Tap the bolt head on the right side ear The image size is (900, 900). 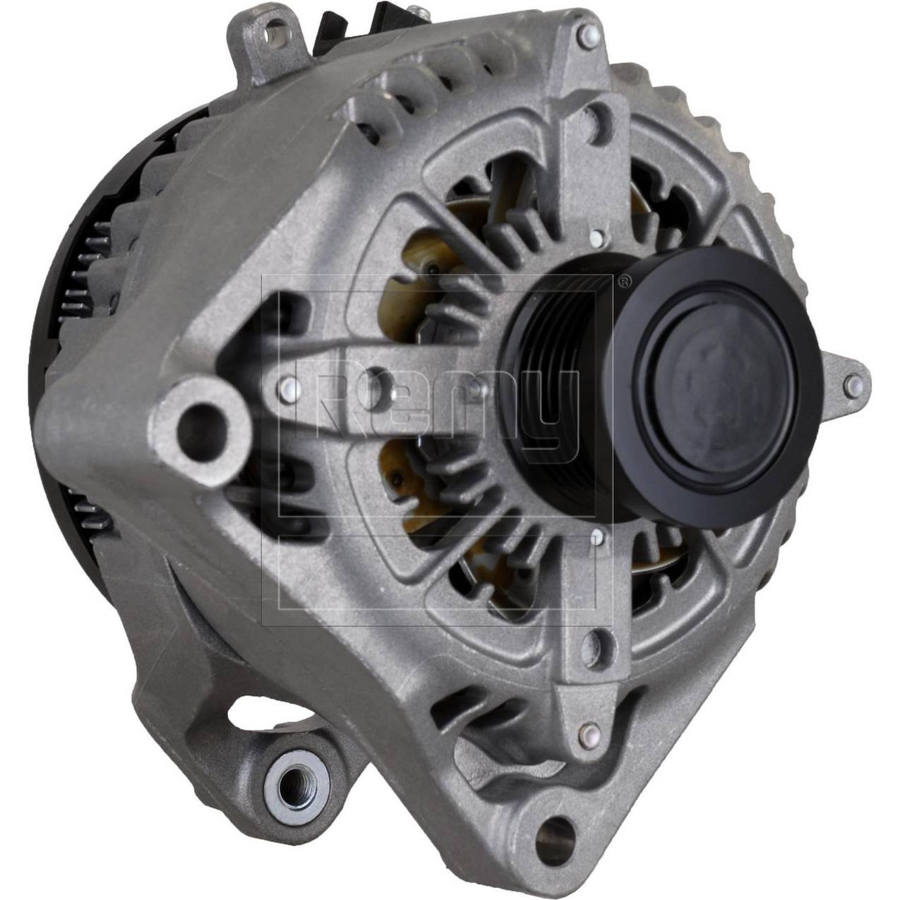coord(853,383)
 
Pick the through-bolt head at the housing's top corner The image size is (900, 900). coord(584,32)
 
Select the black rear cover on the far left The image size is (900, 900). coord(56,353)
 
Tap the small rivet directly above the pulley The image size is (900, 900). coord(597,236)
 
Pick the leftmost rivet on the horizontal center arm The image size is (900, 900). coord(287,385)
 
